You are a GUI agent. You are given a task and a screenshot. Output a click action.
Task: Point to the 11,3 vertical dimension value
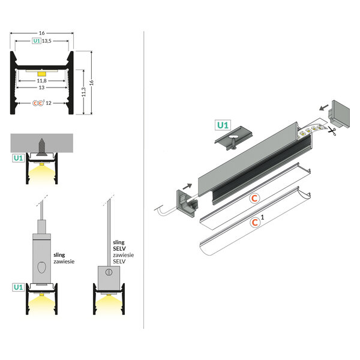coord(84,91)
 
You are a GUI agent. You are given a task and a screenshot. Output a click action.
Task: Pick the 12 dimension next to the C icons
coord(48,103)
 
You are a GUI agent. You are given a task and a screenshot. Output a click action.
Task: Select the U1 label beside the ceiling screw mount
coord(18,158)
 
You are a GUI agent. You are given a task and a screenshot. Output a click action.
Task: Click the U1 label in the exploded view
coord(223,125)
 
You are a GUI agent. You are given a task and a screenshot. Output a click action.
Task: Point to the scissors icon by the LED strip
coord(331,132)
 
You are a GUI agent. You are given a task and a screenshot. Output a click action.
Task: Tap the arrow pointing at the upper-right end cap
coord(323,107)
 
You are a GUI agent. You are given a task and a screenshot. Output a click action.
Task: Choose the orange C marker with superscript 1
coord(256,222)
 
